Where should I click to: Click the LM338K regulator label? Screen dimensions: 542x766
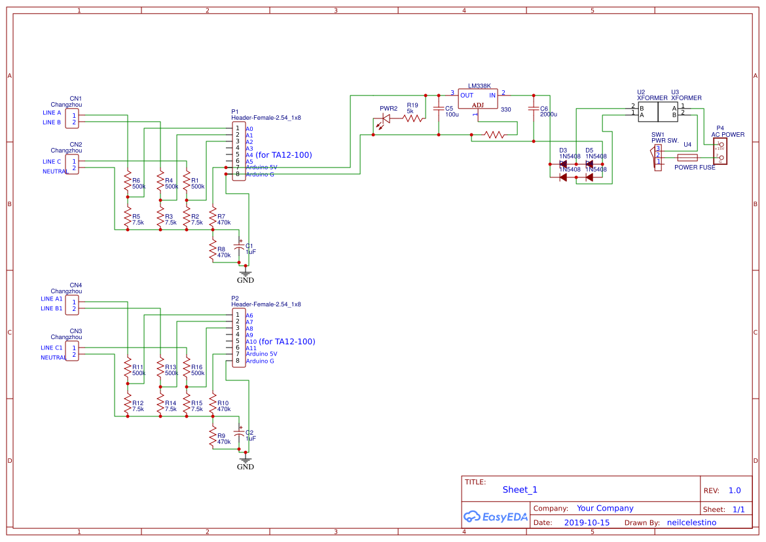[x=479, y=86]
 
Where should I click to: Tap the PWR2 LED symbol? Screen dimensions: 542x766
[x=386, y=118]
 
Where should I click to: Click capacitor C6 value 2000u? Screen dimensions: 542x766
[x=549, y=115]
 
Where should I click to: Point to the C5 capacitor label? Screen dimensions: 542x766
[x=448, y=109]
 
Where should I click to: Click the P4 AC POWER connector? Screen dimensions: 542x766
[x=720, y=151]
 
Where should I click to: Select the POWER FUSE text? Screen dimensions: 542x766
[x=695, y=168]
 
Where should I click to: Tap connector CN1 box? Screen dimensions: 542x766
[x=71, y=118]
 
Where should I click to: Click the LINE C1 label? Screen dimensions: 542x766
[x=52, y=348]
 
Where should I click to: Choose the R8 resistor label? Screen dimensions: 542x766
[x=221, y=249]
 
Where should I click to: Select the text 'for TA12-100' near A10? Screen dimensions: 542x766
[x=287, y=342]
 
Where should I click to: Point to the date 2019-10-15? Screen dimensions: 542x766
[x=587, y=523]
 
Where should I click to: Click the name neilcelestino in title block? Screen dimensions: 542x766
[x=691, y=523]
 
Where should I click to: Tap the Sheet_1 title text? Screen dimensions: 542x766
[x=520, y=490]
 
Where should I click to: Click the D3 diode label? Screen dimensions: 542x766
[x=562, y=151]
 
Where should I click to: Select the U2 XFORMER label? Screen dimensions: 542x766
[x=648, y=95]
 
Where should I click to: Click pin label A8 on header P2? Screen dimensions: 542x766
[x=249, y=329]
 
